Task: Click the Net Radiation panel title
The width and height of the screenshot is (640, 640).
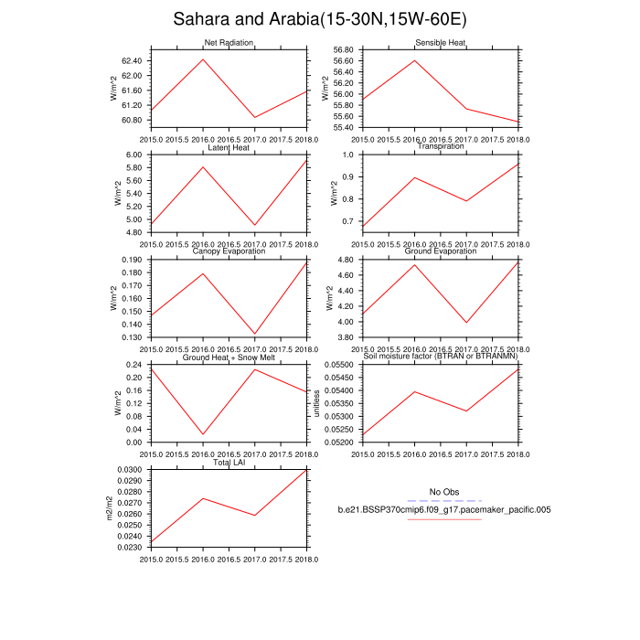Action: (229, 43)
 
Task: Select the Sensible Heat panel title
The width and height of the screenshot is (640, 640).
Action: (441, 43)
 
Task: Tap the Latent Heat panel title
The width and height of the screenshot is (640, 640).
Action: (229, 147)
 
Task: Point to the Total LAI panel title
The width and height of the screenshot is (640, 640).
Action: (229, 463)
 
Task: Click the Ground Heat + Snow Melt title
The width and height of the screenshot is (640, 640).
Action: (229, 357)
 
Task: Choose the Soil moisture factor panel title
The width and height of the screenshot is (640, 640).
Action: (441, 357)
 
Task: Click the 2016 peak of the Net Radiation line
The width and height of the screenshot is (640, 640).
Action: (203, 59)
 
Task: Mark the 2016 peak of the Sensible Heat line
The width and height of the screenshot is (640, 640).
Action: (415, 60)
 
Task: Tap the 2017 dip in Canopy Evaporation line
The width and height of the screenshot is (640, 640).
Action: (255, 334)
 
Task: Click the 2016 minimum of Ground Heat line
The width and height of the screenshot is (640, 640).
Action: (203, 434)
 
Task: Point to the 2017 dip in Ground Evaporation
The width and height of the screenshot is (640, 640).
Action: (467, 323)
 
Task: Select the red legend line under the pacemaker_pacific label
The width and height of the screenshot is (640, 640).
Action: (444, 519)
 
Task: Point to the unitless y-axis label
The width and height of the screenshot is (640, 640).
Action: (318, 403)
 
